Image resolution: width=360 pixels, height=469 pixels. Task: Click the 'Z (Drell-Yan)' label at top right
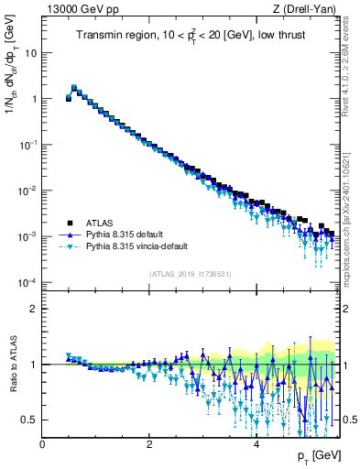(x=309, y=9)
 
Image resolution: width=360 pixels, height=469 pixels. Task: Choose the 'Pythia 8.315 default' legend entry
(x=124, y=234)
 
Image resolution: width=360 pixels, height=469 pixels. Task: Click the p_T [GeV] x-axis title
(x=320, y=456)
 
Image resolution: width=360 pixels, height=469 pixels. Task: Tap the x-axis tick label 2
(x=149, y=442)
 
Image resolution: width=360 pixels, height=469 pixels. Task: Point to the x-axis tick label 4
(x=256, y=442)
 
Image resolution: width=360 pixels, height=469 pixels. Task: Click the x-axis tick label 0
(x=43, y=442)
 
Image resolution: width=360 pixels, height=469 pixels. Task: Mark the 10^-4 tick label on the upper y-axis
(x=27, y=282)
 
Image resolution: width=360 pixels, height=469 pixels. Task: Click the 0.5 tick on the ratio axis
(x=29, y=420)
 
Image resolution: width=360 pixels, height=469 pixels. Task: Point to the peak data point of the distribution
(x=74, y=88)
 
